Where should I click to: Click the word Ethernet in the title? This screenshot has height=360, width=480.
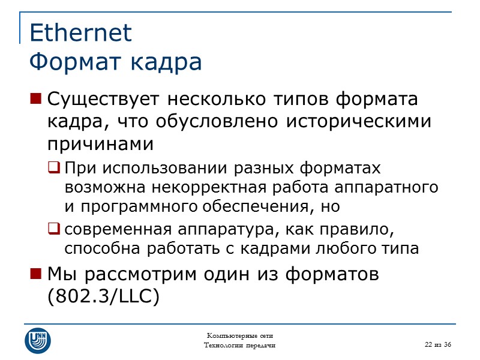pyautogui.click(x=80, y=33)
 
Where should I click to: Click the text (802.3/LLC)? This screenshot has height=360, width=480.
pyautogui.click(x=103, y=296)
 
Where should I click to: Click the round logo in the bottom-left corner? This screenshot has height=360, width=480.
pyautogui.click(x=37, y=340)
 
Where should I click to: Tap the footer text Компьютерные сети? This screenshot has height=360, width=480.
pyautogui.click(x=240, y=335)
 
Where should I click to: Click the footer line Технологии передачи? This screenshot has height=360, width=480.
pyautogui.click(x=240, y=345)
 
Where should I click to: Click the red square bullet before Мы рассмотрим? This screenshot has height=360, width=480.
pyautogui.click(x=35, y=274)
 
